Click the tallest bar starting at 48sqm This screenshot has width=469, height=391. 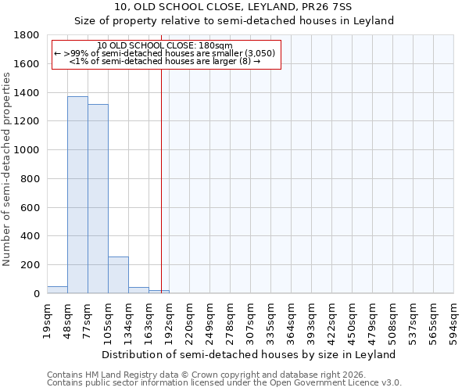(77, 195)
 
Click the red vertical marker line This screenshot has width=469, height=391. (161, 172)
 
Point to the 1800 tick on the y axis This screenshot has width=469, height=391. (30, 35)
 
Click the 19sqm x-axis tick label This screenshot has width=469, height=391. (48, 317)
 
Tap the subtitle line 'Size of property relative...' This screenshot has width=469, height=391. (234, 21)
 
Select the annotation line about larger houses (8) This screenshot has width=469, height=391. (165, 61)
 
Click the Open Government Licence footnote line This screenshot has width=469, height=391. (224, 383)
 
